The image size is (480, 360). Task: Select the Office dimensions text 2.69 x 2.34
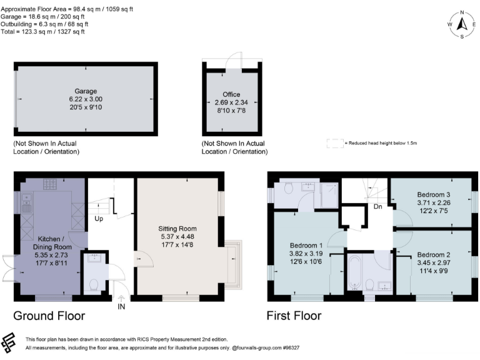click(231, 102)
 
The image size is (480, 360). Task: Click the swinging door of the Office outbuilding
click(232, 59)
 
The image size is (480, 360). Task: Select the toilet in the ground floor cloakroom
click(94, 284)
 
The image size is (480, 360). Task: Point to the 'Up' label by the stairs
click(99, 219)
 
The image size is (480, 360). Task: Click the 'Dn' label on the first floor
click(377, 206)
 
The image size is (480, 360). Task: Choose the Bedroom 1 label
click(306, 245)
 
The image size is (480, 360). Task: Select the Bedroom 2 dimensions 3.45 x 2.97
click(434, 264)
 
